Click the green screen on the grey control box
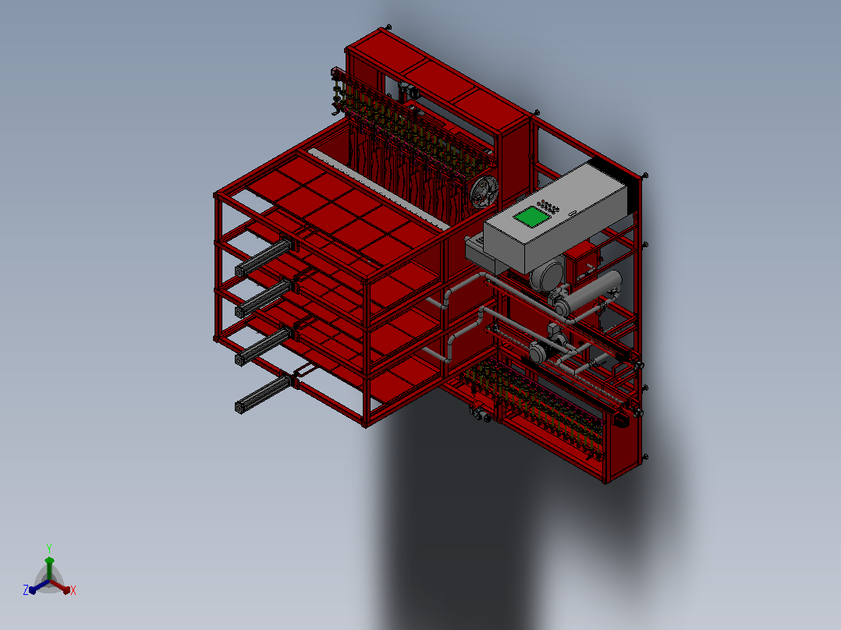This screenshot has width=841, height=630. (531, 216)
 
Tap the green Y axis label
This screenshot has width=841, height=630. (49, 548)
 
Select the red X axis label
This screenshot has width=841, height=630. (73, 589)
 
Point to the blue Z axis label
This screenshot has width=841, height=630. (26, 589)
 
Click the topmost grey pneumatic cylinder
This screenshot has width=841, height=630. (264, 257)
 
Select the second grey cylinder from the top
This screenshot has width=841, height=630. (264, 298)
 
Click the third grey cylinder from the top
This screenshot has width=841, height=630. (264, 347)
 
